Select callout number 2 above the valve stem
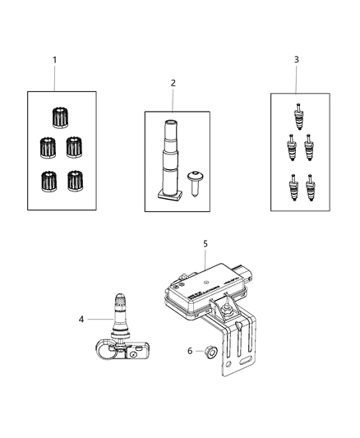(173, 82)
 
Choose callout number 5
(205, 244)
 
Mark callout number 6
(191, 351)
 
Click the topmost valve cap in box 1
(58, 117)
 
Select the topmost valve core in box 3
(300, 112)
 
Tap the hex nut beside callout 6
(210, 352)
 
